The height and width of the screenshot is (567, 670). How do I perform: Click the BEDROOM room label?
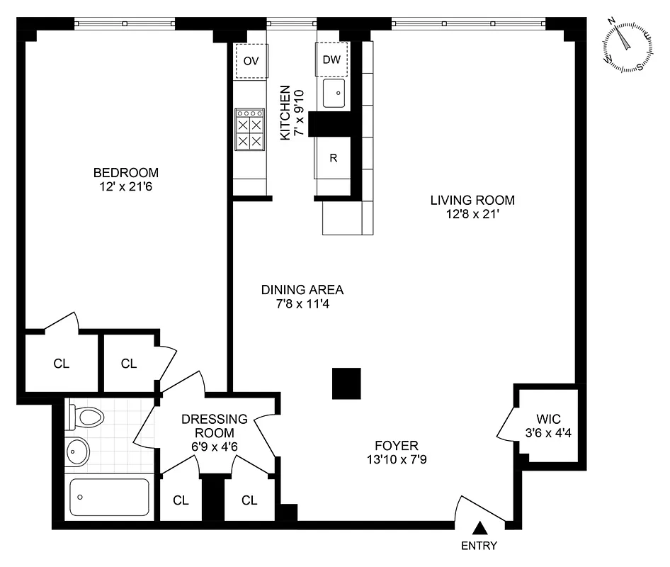pos(126,172)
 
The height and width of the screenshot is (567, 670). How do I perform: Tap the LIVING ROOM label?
pos(472,199)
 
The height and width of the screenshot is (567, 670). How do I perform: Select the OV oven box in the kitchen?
pos(251,61)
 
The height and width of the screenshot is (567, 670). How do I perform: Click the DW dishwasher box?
pos(331,60)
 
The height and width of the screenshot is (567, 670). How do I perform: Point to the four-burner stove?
pos(250,130)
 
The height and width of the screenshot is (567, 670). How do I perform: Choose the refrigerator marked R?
pos(333,158)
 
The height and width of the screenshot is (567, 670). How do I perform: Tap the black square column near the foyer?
pos(346,383)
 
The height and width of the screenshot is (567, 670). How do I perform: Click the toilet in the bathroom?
pos(84,417)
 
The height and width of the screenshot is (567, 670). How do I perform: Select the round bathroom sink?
pos(76,451)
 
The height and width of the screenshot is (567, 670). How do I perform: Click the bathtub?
pos(110,496)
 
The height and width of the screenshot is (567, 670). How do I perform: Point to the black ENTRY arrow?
pos(480,528)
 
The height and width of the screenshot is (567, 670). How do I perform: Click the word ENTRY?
pos(479,546)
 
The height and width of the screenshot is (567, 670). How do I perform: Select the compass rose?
pos(628,45)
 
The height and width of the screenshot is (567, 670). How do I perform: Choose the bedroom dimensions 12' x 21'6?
pos(126,187)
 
